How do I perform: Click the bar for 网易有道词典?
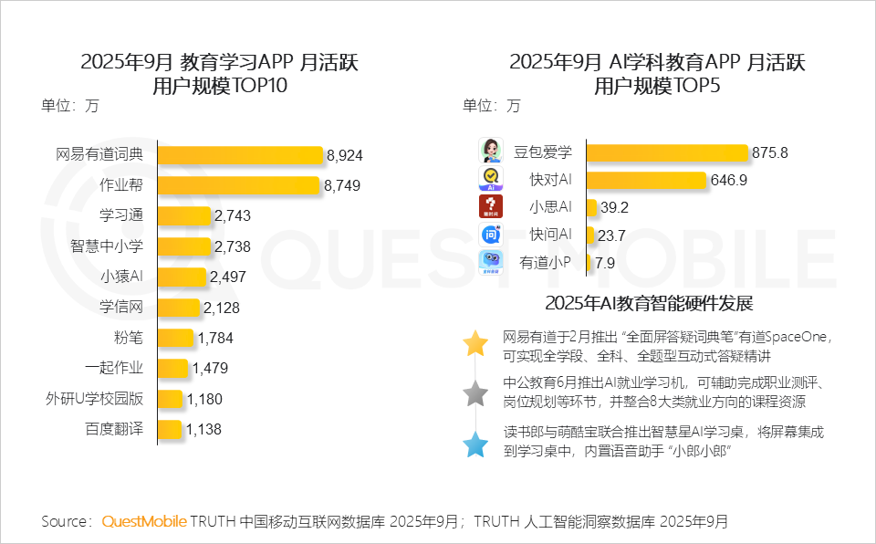pos(240,154)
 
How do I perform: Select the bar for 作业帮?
pos(239,185)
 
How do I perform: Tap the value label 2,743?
pos(232,216)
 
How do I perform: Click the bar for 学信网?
pos(178,308)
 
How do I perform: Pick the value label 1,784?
pos(215,339)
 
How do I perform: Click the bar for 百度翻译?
pos(170,430)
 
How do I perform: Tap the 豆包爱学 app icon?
pos(492,151)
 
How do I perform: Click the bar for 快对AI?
pos(646,180)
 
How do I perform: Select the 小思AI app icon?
pos(492,206)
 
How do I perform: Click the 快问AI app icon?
pos(492,235)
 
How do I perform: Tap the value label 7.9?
pos(607,263)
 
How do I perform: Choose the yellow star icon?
pos(475,343)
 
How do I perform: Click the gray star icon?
pos(475,393)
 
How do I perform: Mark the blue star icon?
pos(475,445)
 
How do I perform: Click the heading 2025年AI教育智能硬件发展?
pos(648,303)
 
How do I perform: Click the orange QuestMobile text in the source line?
pos(144,521)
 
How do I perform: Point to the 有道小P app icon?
pos(492,263)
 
